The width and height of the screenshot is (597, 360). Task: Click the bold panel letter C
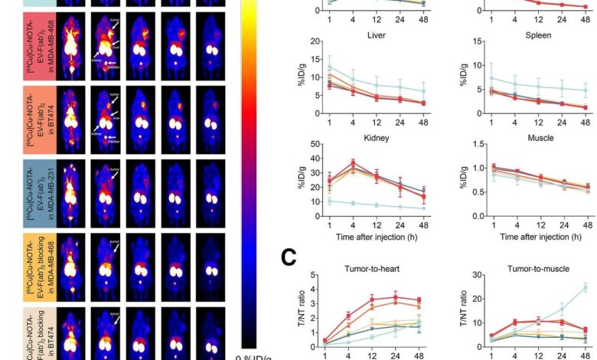click(289, 257)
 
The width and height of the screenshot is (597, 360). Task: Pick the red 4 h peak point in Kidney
click(354, 162)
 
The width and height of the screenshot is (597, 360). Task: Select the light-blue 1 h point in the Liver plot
click(329, 66)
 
